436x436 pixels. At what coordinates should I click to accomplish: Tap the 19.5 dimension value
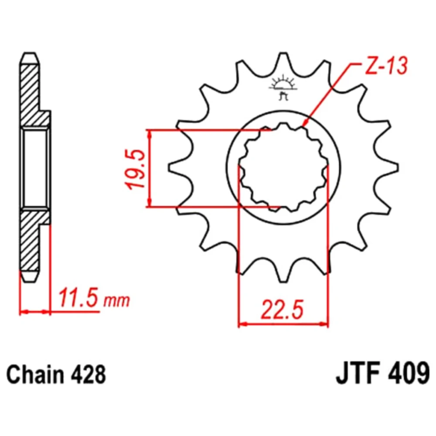[x=136, y=170]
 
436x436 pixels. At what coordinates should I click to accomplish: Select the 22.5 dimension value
[x=282, y=309]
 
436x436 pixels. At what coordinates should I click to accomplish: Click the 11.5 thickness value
[x=78, y=298]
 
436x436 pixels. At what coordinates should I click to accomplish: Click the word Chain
[x=35, y=375]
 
